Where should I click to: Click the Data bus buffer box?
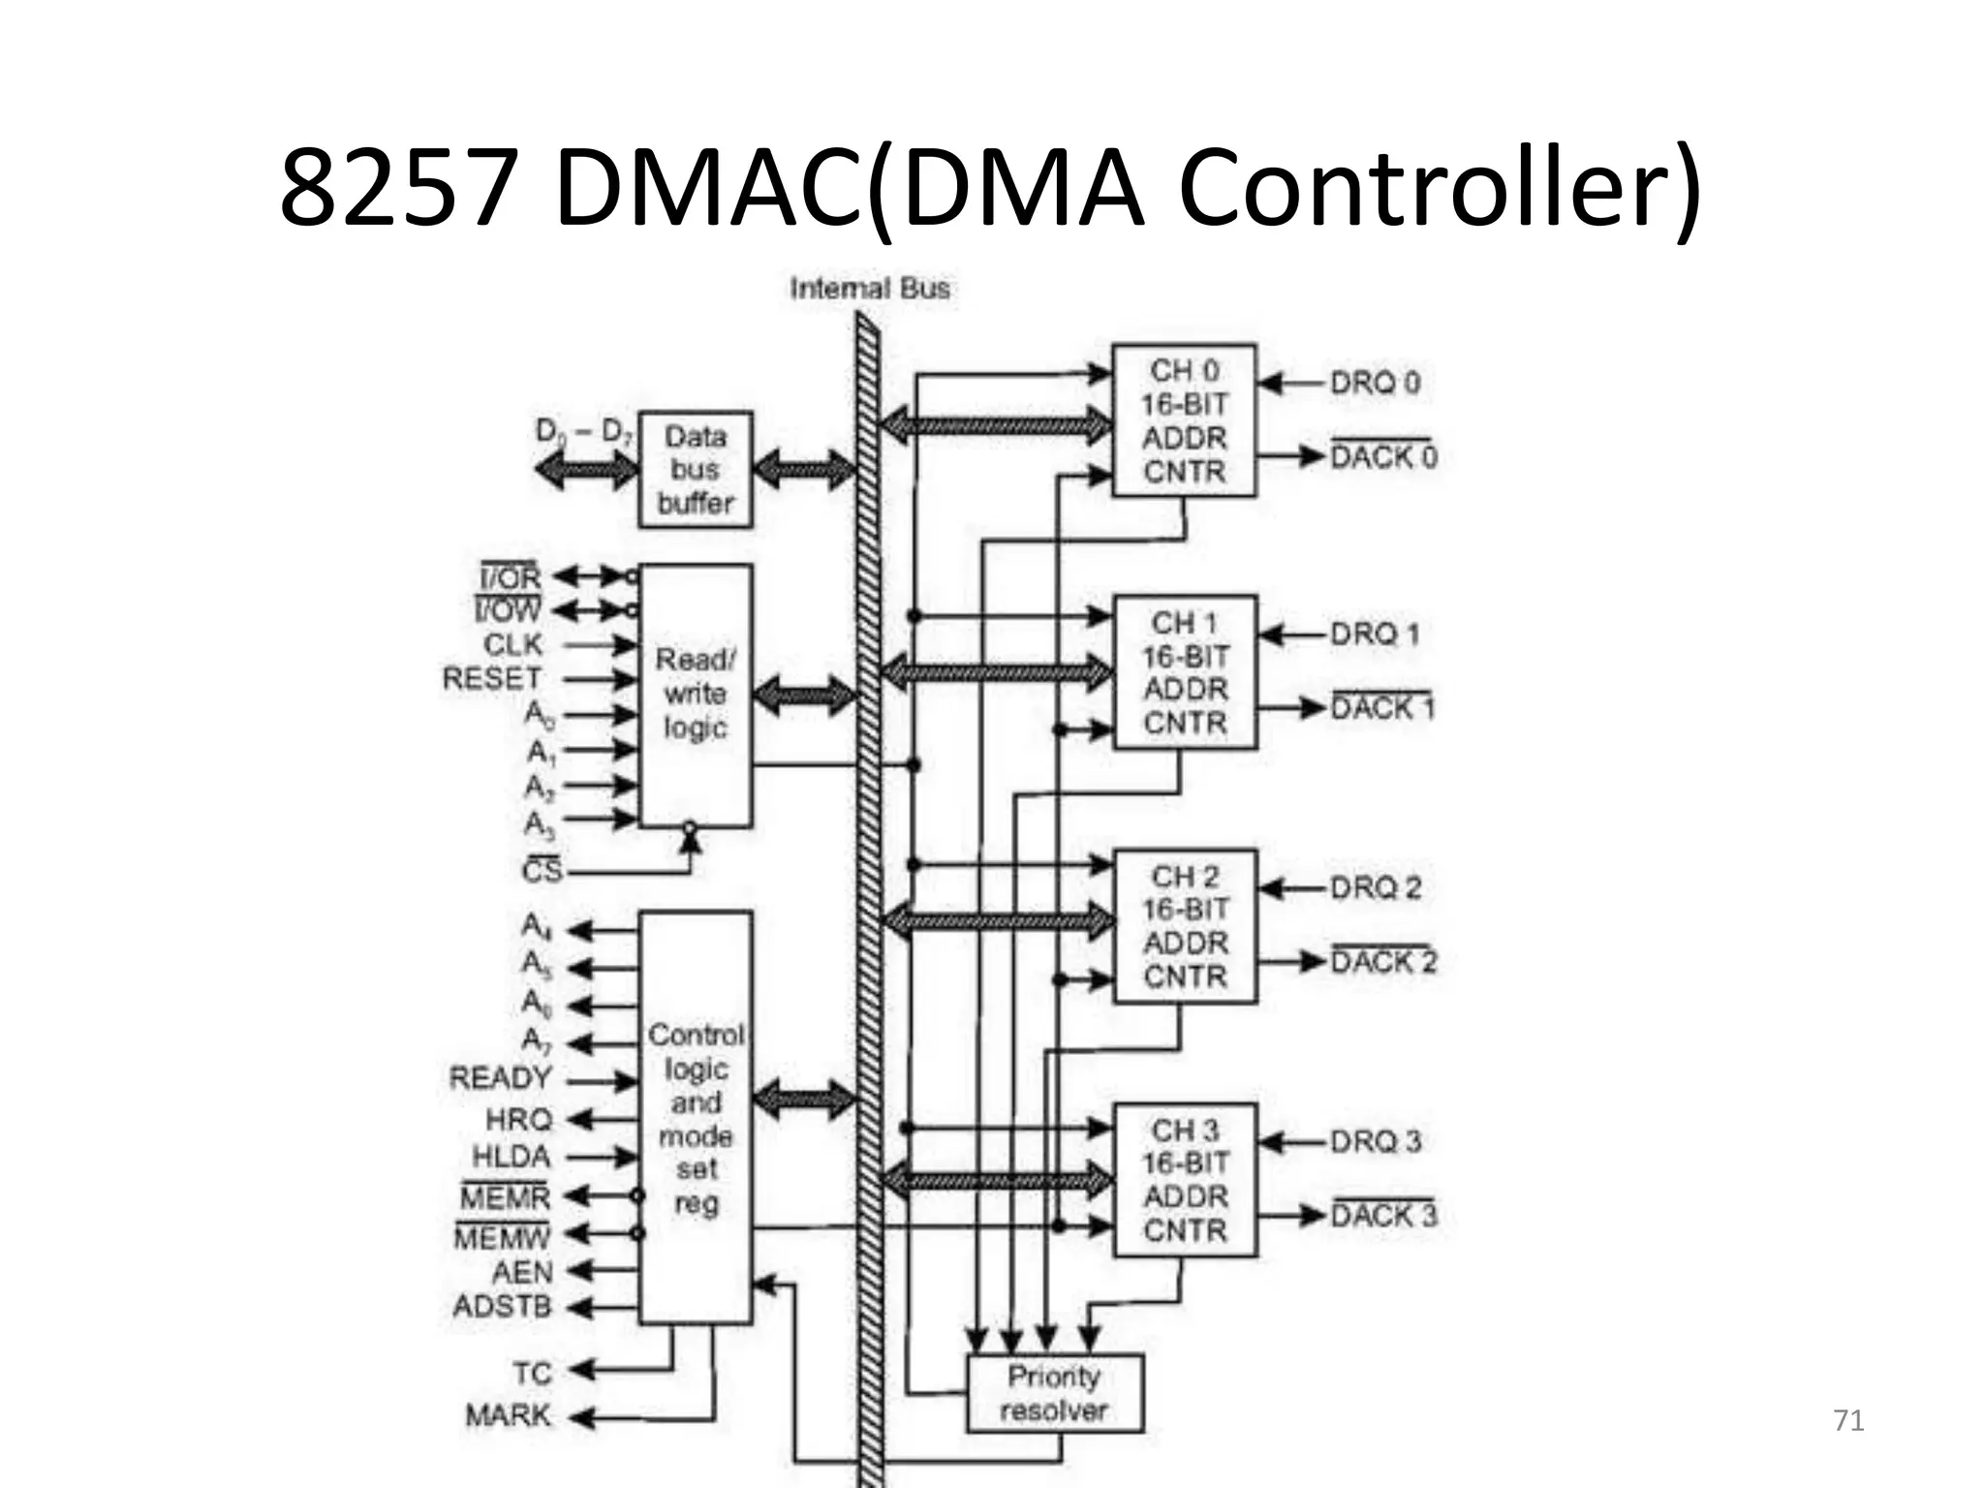[x=695, y=470]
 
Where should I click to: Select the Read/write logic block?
[x=695, y=695]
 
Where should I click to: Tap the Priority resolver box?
[x=1054, y=1393]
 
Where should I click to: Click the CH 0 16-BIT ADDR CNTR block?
[x=1184, y=421]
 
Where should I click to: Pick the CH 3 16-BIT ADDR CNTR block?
[x=1185, y=1180]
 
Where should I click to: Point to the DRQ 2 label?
[x=1375, y=887]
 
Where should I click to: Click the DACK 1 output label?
[x=1381, y=708]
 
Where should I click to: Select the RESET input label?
[x=492, y=678]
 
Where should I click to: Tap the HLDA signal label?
[x=511, y=1157]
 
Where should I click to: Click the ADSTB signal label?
[x=502, y=1307]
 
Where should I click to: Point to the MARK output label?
[x=508, y=1416]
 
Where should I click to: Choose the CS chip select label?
[x=542, y=871]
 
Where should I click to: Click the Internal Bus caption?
[x=869, y=289]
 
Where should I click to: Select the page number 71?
[x=1848, y=1421]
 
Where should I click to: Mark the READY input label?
[x=500, y=1078]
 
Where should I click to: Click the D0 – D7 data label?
[x=583, y=431]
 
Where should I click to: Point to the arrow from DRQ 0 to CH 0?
[x=1292, y=384]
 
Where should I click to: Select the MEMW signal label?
[x=502, y=1237]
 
